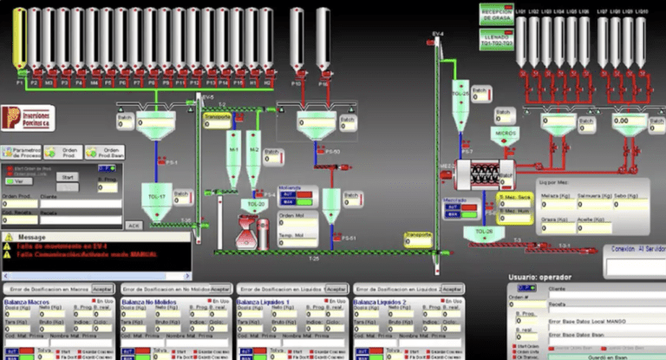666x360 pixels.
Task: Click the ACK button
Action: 133,226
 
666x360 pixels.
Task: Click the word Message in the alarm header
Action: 32,237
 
